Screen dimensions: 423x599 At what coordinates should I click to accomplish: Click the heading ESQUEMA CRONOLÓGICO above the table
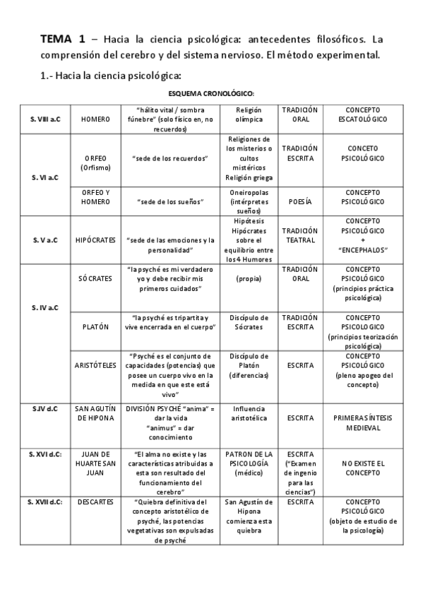point(212,93)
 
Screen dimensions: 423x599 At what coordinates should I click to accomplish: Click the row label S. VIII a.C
point(45,119)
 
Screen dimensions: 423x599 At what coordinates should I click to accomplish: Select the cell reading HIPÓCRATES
point(95,239)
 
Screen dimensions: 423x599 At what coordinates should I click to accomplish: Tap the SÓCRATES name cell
point(95,278)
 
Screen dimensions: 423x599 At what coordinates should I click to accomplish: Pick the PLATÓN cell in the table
point(95,327)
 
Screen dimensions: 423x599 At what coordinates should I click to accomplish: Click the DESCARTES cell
point(95,502)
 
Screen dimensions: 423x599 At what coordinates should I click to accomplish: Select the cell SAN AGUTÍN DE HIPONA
point(95,413)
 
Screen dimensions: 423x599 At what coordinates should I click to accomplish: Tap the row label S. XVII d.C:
point(45,502)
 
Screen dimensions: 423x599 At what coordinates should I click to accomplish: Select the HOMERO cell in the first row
point(95,119)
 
